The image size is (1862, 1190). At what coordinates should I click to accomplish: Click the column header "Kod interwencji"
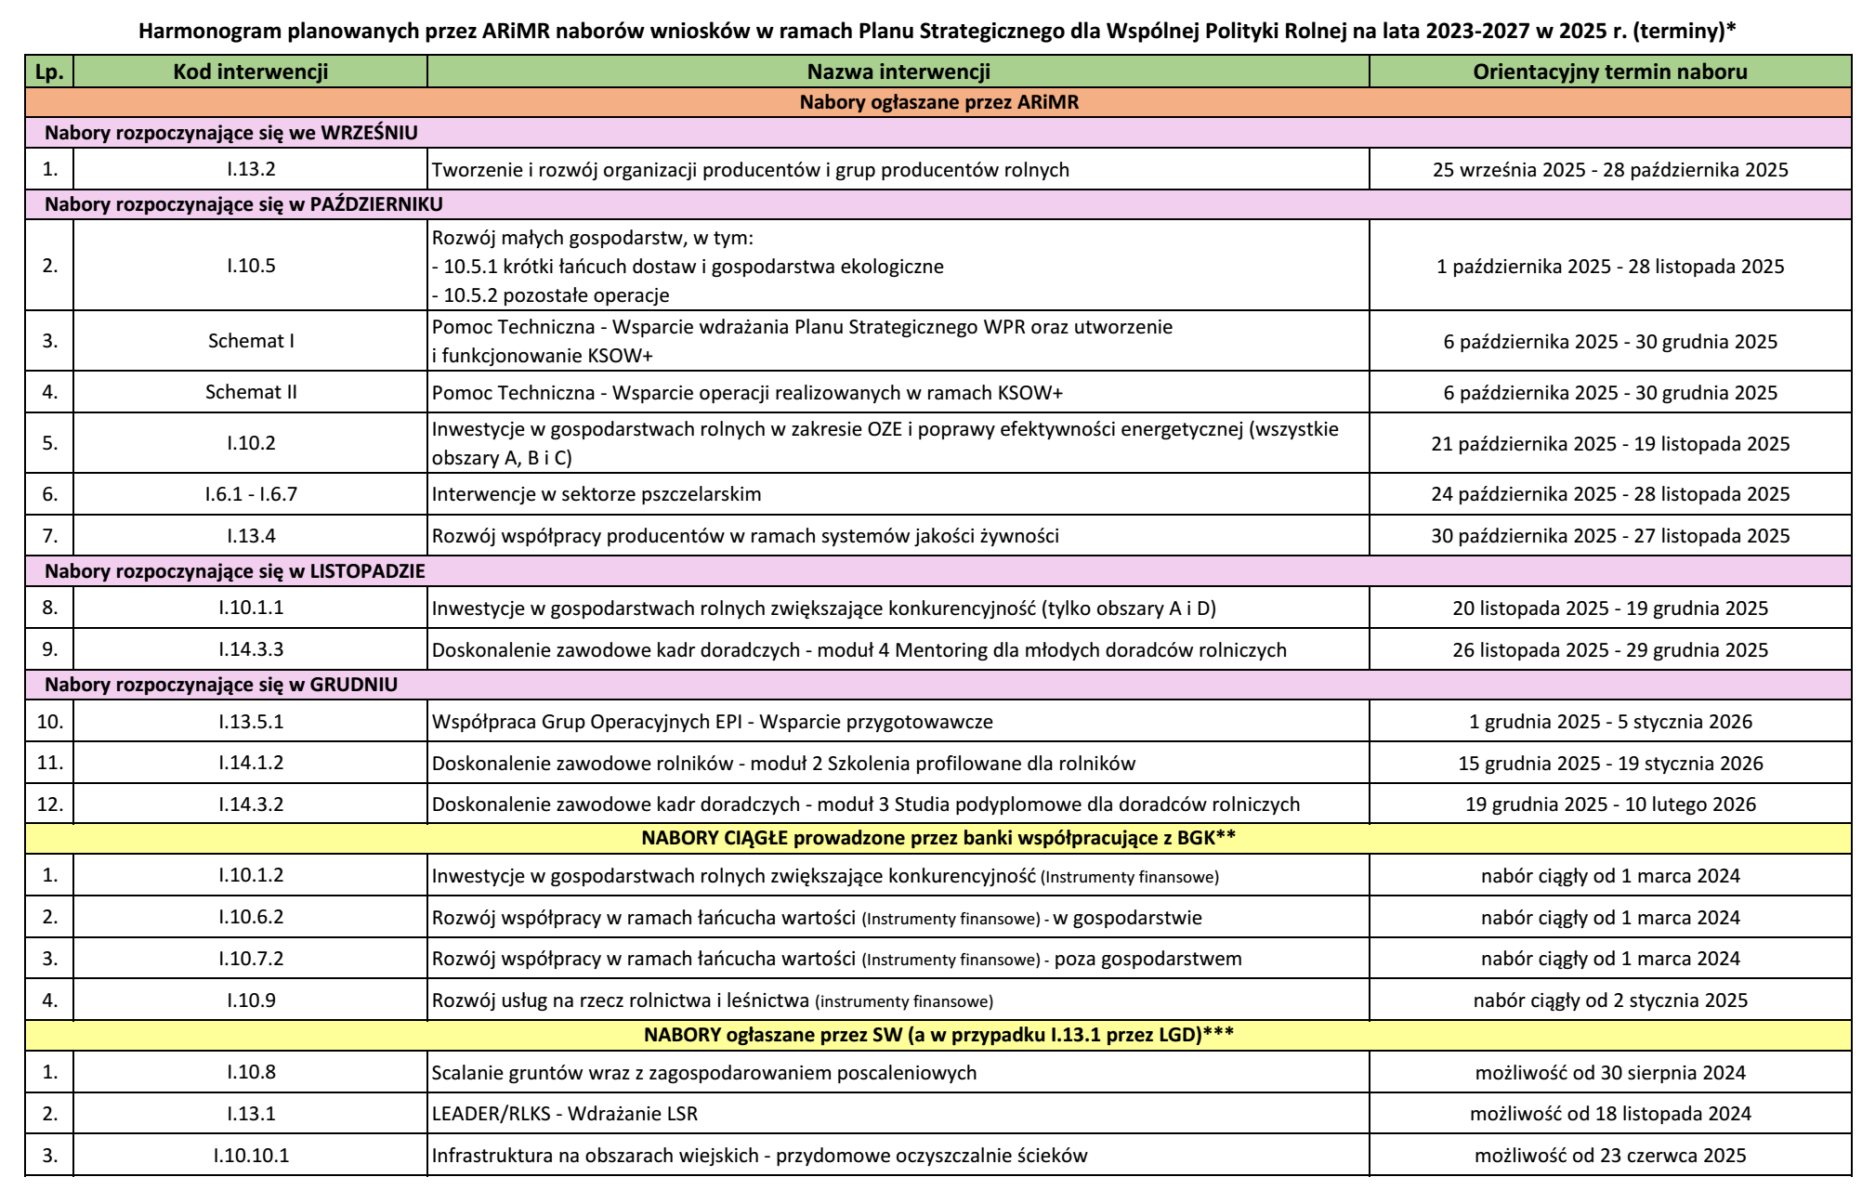[x=250, y=72]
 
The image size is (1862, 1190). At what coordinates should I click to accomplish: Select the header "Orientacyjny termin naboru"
[x=1609, y=72]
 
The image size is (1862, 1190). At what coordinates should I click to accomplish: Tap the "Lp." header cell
[x=49, y=72]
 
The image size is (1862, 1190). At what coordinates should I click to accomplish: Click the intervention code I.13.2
[x=251, y=170]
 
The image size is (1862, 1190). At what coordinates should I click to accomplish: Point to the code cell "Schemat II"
[x=251, y=392]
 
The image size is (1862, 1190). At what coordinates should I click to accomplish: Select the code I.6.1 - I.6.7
[x=251, y=494]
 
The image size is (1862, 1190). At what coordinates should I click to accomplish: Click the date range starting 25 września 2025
[x=1609, y=170]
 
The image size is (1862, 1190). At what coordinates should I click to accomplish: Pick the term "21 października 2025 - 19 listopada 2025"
[x=1609, y=444]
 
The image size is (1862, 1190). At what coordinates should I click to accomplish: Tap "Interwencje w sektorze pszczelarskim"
[x=597, y=494]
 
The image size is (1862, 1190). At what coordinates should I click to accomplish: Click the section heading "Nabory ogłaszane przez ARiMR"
[x=938, y=102]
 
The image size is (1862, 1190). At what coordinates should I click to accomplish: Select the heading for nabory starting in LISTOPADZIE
[x=234, y=571]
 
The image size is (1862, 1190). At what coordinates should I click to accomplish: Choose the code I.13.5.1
[x=251, y=722]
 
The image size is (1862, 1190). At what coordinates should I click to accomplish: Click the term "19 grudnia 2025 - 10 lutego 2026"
[x=1609, y=804]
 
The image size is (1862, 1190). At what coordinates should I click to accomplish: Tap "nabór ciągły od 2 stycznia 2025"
[x=1609, y=1000]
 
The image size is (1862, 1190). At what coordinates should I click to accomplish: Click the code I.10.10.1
[x=251, y=1156]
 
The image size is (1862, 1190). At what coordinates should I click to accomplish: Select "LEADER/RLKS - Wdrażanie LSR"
[x=565, y=1114]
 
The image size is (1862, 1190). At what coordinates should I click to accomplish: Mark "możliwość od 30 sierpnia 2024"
[x=1609, y=1073]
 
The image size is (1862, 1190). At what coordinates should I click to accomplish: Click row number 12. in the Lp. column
[x=49, y=804]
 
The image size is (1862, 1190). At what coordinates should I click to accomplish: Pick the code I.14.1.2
[x=251, y=764]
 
